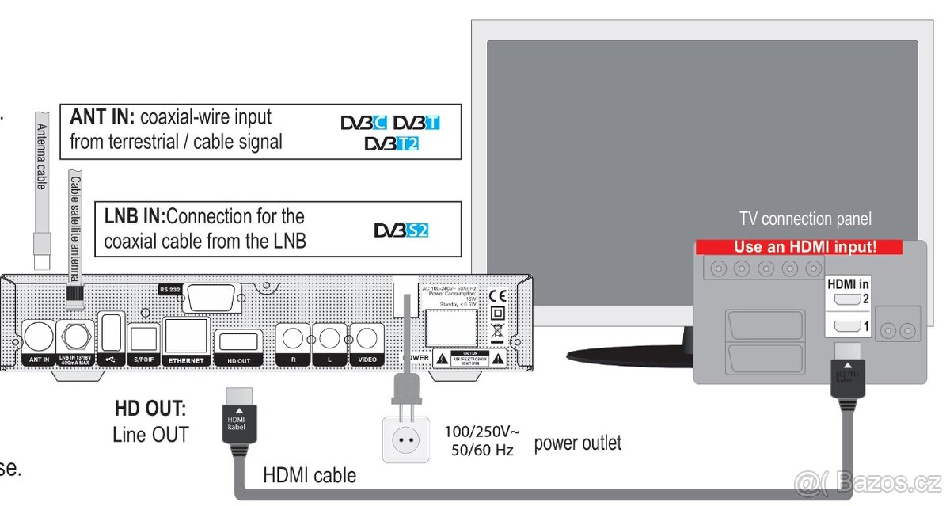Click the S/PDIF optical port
144,339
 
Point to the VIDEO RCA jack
367,339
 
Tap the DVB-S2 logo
401,230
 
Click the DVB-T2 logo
391,144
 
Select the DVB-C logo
363,124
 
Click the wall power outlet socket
405,437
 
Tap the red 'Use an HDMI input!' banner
799,247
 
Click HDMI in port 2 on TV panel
847,299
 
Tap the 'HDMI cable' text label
310,475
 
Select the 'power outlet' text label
577,442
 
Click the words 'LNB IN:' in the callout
134,216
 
